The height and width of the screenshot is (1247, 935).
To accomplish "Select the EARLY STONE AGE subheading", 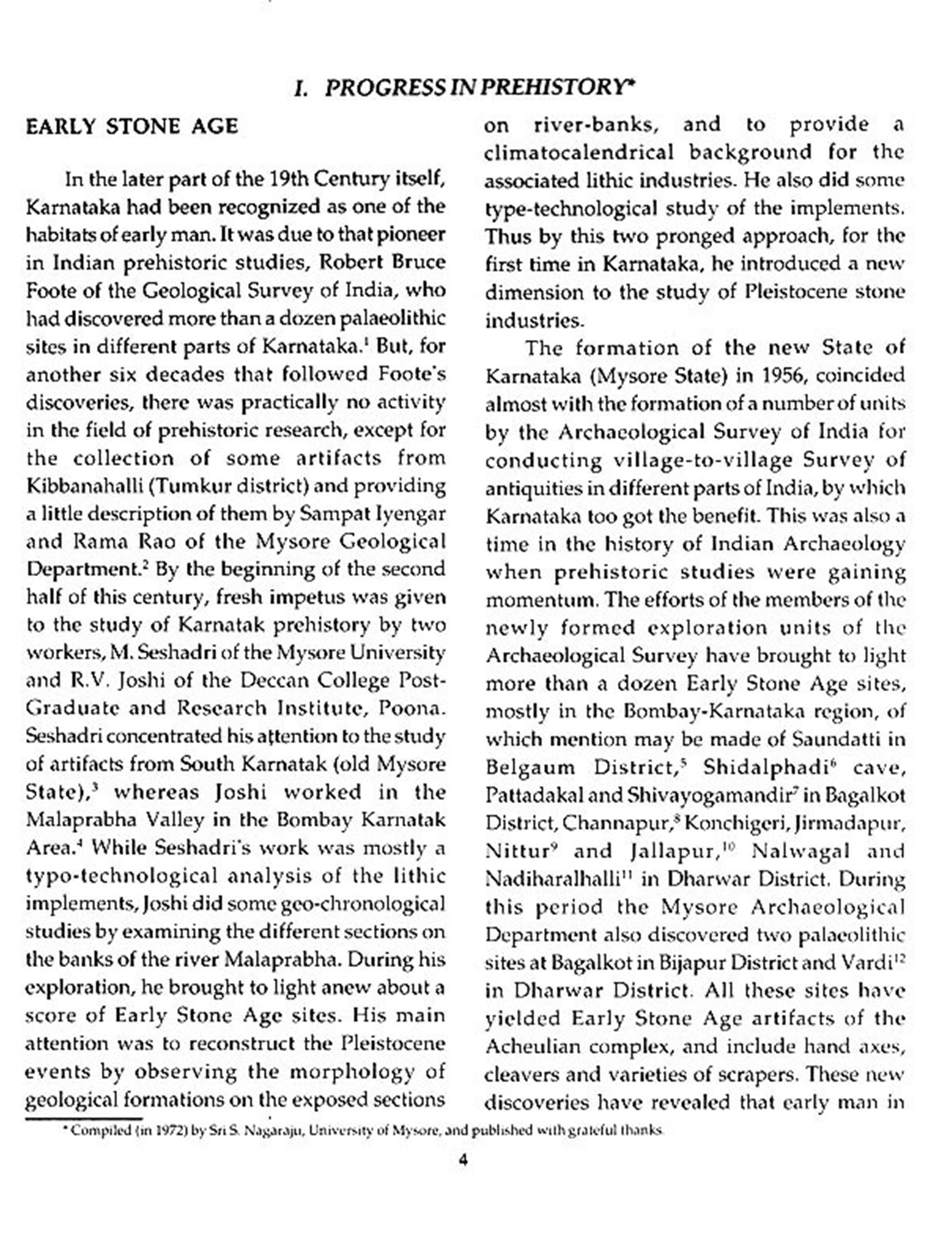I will tap(132, 127).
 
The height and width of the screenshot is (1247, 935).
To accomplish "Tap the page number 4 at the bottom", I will tap(463, 1160).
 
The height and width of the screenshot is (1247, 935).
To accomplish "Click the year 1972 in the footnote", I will tap(168, 1131).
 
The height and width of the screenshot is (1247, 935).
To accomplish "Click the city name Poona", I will tap(412, 709).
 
